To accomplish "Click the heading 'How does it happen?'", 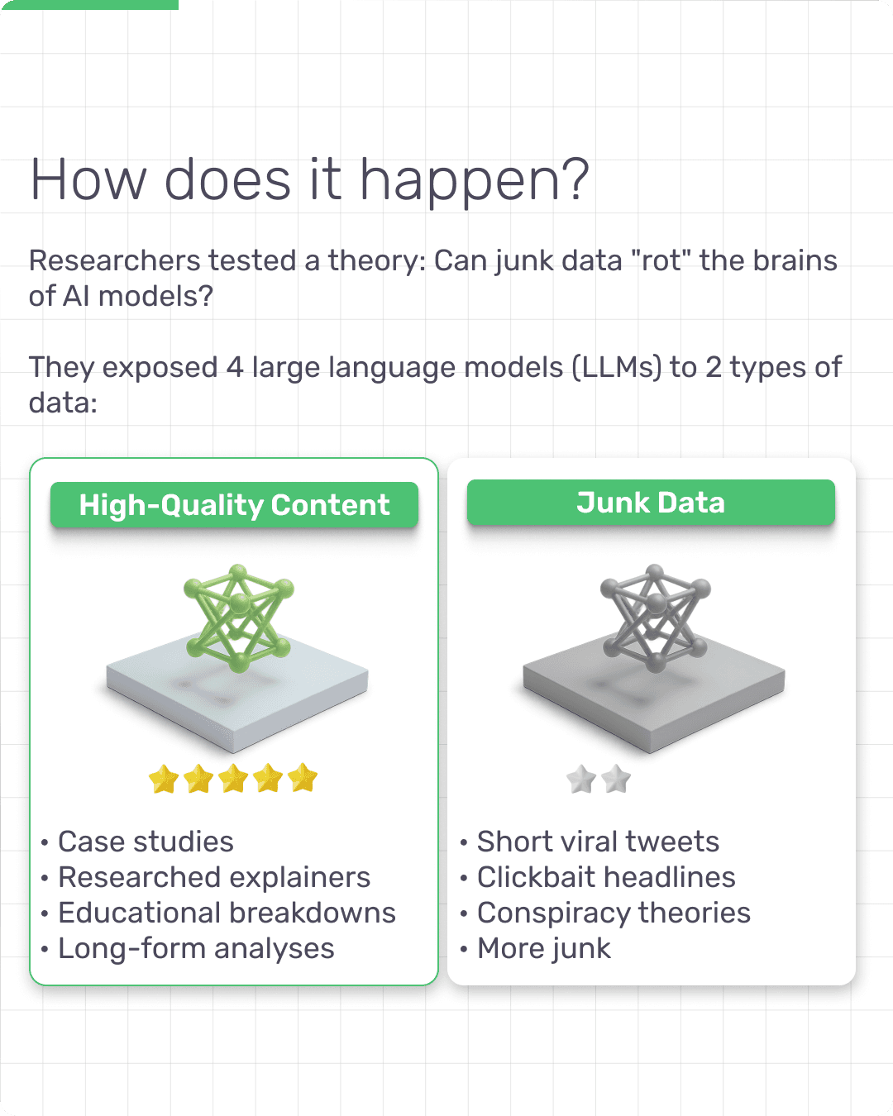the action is click(x=310, y=180).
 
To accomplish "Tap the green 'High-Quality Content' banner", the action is click(x=234, y=504).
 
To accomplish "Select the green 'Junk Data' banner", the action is click(x=651, y=502).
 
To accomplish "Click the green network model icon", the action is click(x=239, y=618).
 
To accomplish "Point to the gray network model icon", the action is click(x=656, y=618).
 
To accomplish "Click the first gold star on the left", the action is click(x=164, y=779).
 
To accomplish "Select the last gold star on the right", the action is click(x=303, y=777).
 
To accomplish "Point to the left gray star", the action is click(x=581, y=779).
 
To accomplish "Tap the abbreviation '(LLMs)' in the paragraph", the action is click(x=617, y=368).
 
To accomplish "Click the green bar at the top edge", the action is click(x=89, y=5).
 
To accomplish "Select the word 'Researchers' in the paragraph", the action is click(x=115, y=260).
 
